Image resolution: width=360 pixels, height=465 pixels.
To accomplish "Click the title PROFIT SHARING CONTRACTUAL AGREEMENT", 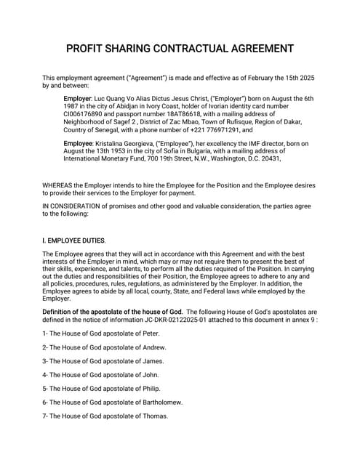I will [180, 49].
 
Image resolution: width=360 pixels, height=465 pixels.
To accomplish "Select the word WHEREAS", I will [60, 185].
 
